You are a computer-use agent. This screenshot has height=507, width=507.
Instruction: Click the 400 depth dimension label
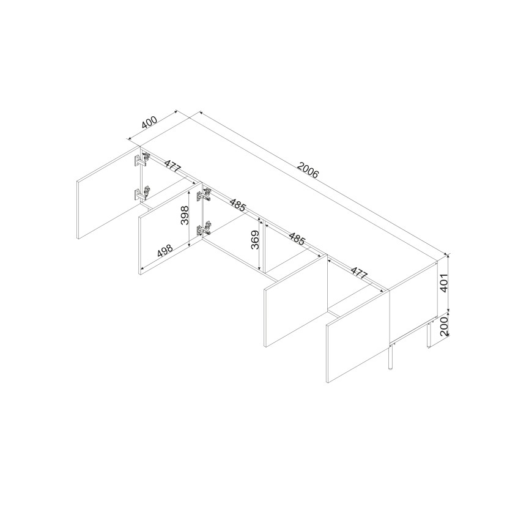(149, 122)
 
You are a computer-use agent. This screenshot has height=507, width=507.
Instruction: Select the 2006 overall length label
(308, 170)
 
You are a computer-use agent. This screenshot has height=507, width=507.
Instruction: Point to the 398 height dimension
(185, 215)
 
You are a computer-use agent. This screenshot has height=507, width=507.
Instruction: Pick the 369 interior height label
(256, 240)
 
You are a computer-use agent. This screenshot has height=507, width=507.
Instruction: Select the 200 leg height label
(443, 327)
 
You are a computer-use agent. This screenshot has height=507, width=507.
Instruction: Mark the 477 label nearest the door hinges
(172, 167)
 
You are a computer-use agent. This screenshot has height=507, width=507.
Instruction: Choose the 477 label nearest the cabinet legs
(359, 273)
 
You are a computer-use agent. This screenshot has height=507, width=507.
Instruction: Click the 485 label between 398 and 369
(238, 205)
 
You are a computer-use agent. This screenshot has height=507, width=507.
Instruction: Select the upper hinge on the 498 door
(204, 195)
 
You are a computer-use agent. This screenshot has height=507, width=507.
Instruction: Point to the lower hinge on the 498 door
(204, 228)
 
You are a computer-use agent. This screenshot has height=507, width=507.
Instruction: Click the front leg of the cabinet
(390, 357)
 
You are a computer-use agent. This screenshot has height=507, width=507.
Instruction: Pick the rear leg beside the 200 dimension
(429, 334)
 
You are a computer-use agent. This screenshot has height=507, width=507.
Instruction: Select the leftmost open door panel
(108, 193)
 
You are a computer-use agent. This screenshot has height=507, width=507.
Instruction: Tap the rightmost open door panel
(358, 336)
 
